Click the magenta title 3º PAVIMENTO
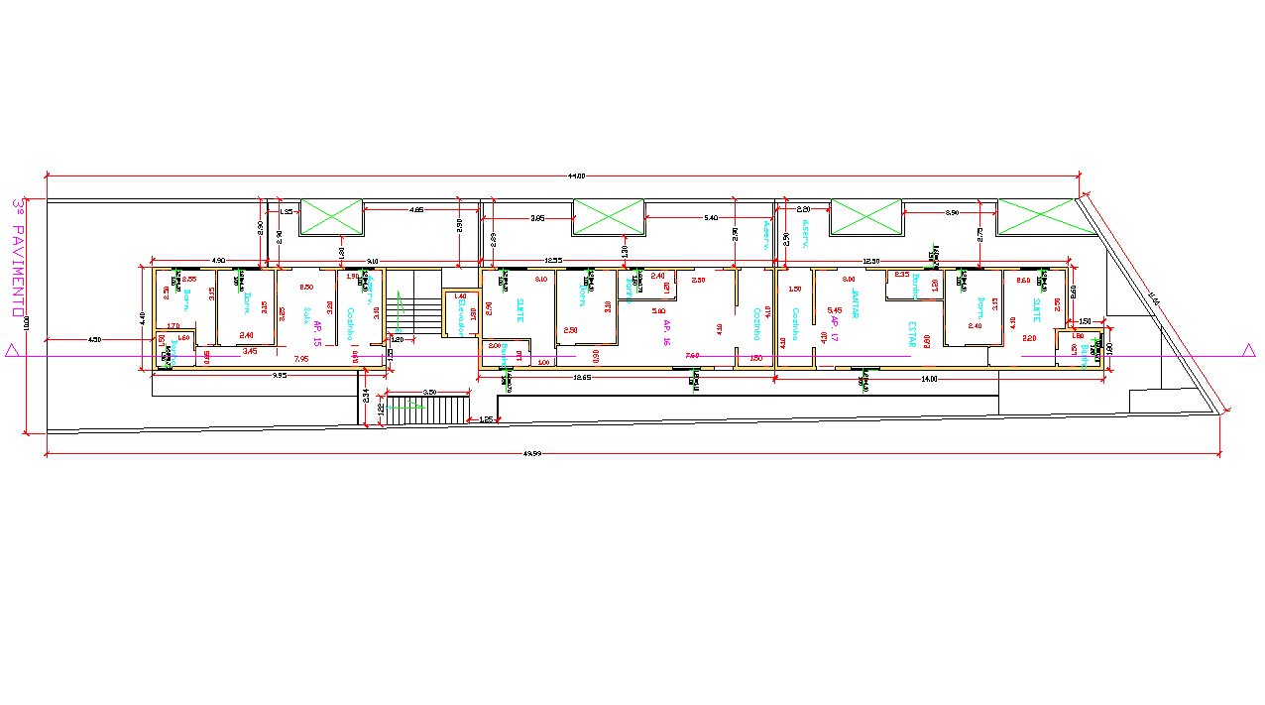coord(18,257)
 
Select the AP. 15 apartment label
coord(317,333)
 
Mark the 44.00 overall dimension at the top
coord(576,176)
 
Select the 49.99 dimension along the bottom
coord(531,454)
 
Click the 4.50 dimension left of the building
coord(94,340)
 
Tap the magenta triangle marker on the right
coord(1248,350)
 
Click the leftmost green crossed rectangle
coord(331,217)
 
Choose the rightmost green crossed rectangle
coord(1035,217)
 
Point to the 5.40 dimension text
coord(710,217)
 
